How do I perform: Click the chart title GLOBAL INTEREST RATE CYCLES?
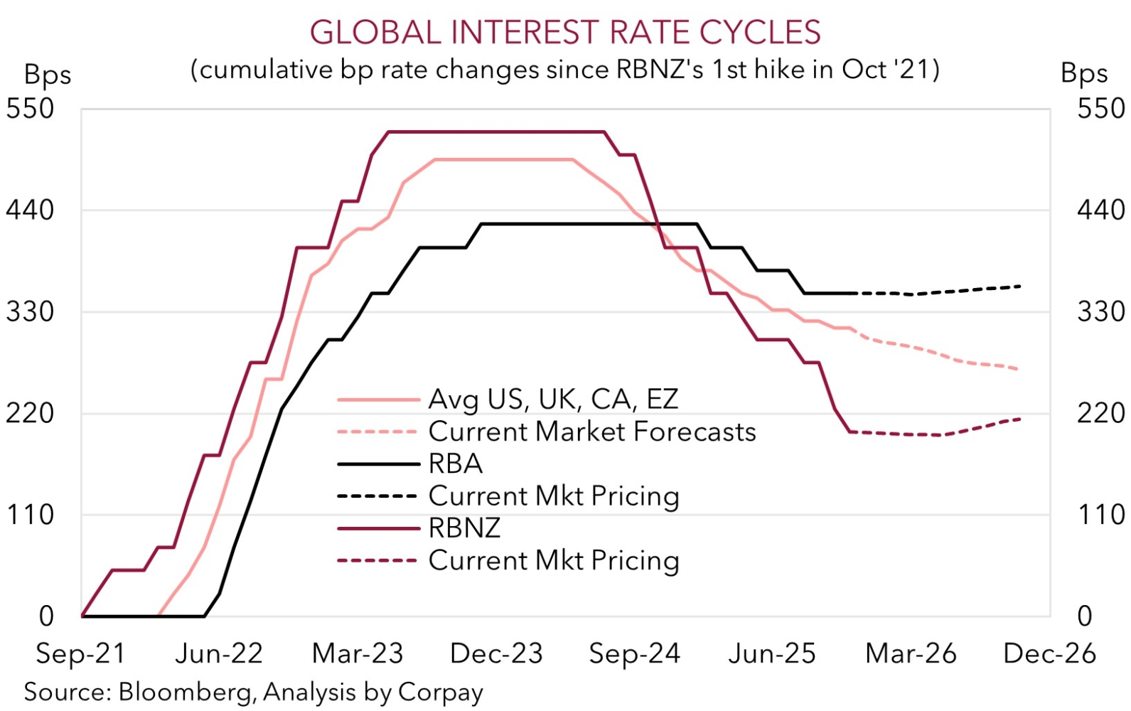565,33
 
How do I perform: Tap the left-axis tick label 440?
30,210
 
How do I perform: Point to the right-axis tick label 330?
1101,311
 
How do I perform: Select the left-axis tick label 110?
30,515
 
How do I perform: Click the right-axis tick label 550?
1101,109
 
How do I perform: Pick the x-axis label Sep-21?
80,653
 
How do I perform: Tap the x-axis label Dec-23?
496,653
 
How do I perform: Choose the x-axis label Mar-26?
911,653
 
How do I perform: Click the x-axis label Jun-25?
772,653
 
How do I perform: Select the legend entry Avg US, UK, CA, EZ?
553,400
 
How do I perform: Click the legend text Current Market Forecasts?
592,432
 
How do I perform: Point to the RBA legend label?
456,464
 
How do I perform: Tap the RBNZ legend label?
465,528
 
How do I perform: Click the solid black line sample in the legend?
378,464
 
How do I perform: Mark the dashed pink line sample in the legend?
378,432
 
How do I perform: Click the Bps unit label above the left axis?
48,75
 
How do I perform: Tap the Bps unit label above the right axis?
1084,73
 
